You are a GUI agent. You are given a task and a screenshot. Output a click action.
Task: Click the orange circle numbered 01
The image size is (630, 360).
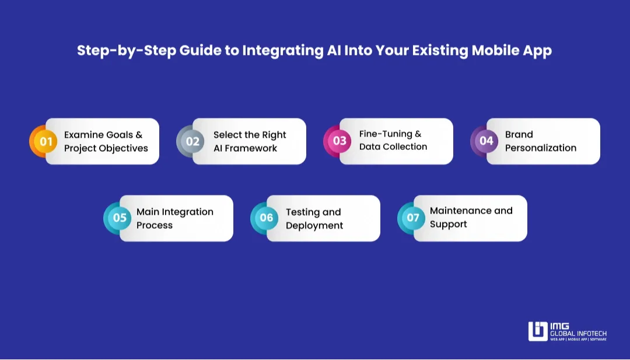(x=45, y=141)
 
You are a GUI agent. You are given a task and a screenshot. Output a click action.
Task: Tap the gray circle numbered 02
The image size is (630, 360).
(x=192, y=141)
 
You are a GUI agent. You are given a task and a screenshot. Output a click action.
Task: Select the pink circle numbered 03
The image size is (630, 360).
(x=339, y=141)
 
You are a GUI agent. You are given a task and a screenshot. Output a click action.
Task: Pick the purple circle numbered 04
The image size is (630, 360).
(x=487, y=141)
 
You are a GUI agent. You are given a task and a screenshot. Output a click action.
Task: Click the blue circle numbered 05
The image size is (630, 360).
(x=120, y=218)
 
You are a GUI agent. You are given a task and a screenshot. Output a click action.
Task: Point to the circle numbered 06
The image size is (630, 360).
(x=266, y=218)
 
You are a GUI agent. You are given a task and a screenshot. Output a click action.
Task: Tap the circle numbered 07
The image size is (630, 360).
(x=413, y=218)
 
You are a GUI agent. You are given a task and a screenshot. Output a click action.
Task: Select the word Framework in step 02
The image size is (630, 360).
(x=245, y=148)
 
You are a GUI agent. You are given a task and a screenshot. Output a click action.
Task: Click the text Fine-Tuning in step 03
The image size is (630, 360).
(x=386, y=134)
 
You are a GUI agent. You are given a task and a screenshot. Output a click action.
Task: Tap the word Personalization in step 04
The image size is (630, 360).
(x=540, y=148)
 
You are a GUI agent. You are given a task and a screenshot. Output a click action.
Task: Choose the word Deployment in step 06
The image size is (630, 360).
(x=314, y=225)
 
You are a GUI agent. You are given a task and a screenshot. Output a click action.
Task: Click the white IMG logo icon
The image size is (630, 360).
(x=538, y=331)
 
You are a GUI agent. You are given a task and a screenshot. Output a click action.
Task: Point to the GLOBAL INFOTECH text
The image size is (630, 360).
(x=578, y=333)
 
